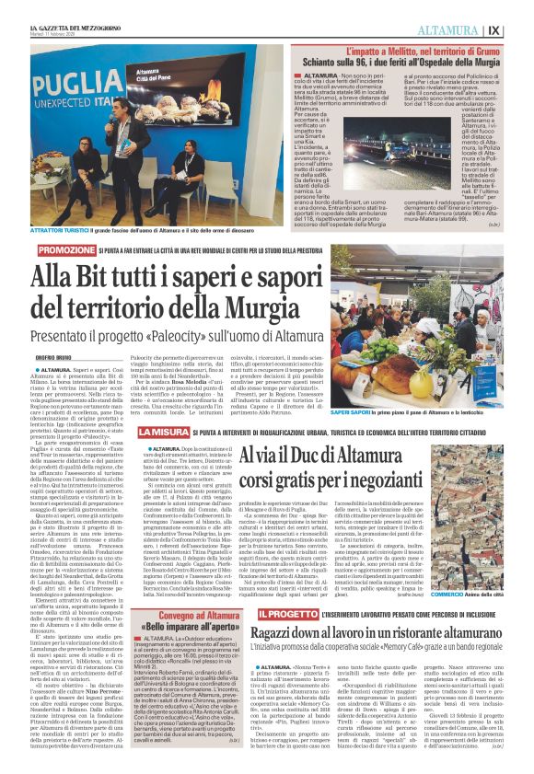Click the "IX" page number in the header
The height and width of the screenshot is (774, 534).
coord(519,30)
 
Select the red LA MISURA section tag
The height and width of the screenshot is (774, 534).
coord(165,431)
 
